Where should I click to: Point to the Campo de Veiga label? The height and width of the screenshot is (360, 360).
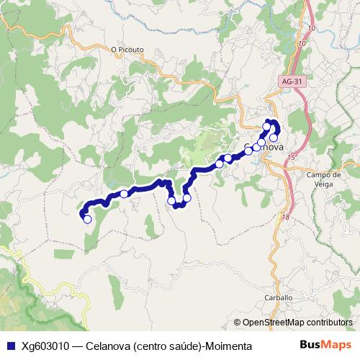coord(323,179)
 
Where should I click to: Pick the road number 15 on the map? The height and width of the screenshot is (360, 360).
coord(291,156)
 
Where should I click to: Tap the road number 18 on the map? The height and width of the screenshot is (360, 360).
coord(286,217)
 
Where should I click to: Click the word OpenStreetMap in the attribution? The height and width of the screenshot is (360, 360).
coord(273,323)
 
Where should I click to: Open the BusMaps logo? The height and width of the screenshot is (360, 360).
coord(325,346)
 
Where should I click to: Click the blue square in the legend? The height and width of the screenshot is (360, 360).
coord(9,346)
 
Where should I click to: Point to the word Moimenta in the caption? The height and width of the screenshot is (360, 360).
coord(229,346)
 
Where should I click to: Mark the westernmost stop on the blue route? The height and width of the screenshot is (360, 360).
coord(88,220)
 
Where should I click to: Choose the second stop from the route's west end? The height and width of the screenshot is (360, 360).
coord(124,194)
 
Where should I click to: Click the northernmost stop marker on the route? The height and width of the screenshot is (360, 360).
coord(267,127)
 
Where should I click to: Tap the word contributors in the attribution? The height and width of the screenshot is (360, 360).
coord(325,323)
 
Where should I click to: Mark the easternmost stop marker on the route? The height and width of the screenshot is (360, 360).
coord(274,138)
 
